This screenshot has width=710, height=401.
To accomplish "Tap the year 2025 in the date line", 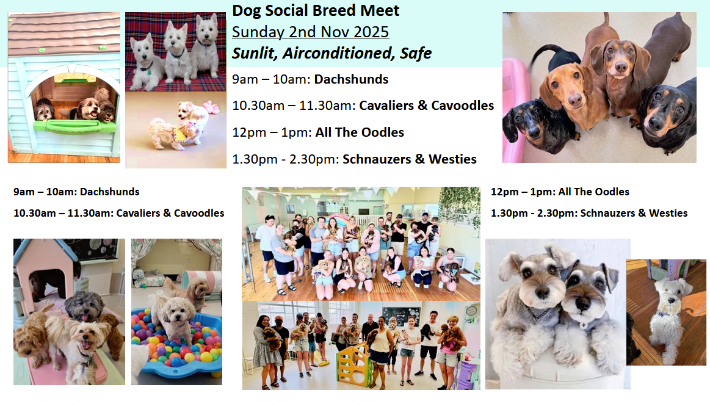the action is tap(371, 32).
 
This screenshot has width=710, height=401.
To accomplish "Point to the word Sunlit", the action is tap(255, 54).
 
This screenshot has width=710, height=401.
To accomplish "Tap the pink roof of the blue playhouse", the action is tap(64, 34).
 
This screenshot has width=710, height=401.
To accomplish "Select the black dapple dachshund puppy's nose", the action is tap(534, 134).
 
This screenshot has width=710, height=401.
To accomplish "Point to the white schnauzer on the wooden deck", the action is tap(665, 317).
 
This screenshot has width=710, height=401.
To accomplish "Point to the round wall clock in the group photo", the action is tap(471, 311).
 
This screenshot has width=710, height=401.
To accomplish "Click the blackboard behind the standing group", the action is tap(401, 316).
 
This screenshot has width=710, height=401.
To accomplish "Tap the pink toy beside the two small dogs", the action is tap(211, 107).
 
